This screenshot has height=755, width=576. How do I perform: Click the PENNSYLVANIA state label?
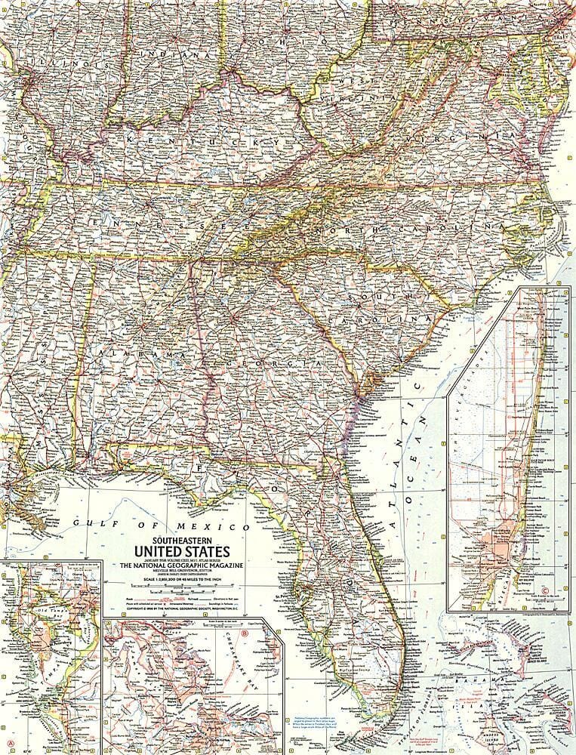tap(468, 17)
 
